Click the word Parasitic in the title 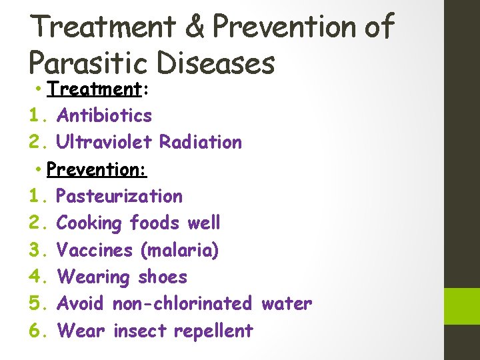(86, 63)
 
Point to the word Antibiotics (105, 115)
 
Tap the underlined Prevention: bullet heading (97, 169)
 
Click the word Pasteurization (119, 196)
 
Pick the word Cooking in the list (89, 223)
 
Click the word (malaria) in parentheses (179, 250)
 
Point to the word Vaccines (95, 250)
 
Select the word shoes (163, 277)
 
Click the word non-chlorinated (182, 303)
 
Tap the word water (287, 303)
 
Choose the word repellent (213, 331)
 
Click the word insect (141, 331)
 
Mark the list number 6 (37, 331)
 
